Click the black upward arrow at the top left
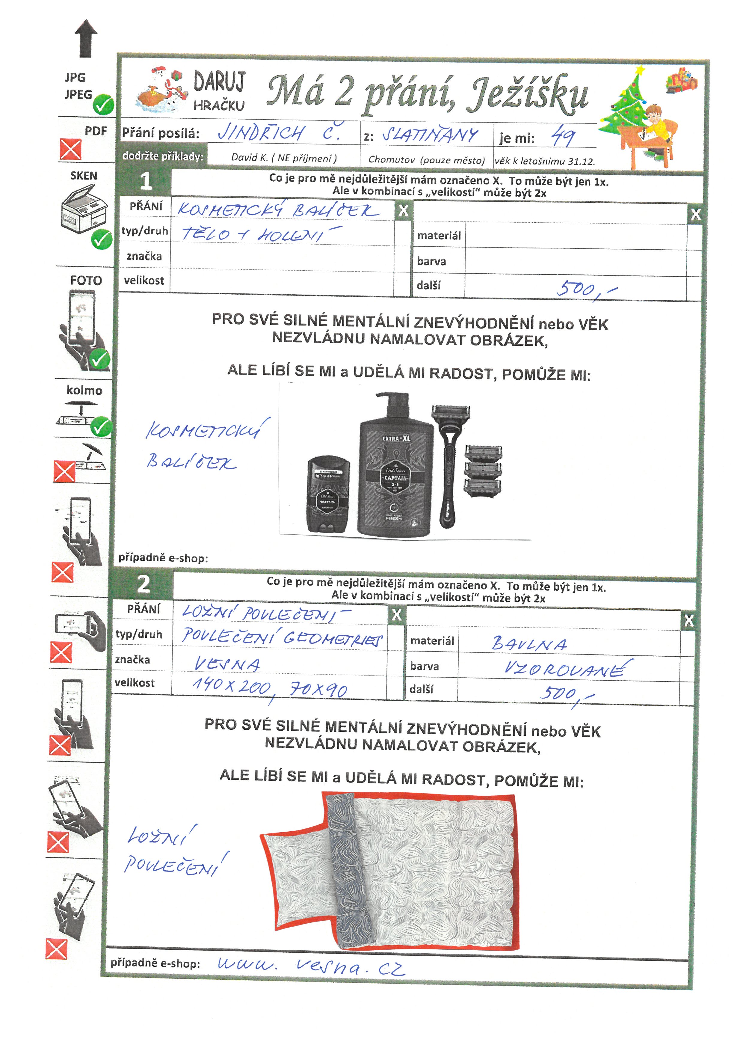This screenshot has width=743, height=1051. click(86, 39)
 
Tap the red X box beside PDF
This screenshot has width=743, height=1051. click(70, 149)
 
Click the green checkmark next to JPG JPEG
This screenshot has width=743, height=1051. click(103, 105)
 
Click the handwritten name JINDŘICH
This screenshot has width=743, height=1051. click(261, 133)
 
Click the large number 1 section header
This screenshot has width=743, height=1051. click(146, 181)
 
